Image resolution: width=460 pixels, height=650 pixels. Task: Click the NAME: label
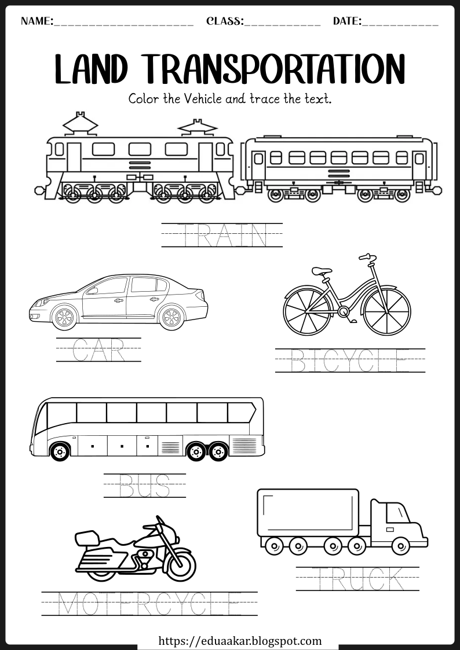click(37, 21)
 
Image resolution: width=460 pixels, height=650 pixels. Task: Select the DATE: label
click(348, 21)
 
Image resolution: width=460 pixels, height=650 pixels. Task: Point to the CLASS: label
click(225, 21)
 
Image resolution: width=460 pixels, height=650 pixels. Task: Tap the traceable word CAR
click(98, 350)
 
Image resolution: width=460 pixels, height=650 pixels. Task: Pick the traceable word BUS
click(144, 486)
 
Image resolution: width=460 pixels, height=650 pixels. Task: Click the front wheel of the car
click(64, 317)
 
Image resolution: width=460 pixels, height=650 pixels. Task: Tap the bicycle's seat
click(322, 271)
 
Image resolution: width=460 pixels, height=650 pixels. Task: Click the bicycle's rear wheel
click(308, 310)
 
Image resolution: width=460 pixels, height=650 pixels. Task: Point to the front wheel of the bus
click(60, 451)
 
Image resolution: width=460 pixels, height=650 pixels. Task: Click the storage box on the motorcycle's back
click(87, 538)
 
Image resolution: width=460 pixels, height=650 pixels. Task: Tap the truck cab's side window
click(396, 513)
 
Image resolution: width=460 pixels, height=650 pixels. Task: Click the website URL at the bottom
click(240, 641)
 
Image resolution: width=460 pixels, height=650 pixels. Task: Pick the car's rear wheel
click(171, 317)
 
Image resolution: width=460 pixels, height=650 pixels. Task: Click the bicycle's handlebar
click(367, 258)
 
